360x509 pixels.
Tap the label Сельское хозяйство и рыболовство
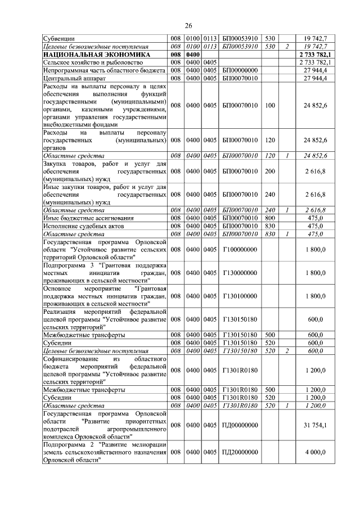pos(93,62)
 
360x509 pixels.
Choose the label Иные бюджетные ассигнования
pos(88,218)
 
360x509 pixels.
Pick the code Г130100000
pos(240,296)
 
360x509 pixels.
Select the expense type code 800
pos(270,218)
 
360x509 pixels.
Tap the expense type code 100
pos(270,105)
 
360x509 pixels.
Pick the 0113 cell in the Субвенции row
pos(210,39)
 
